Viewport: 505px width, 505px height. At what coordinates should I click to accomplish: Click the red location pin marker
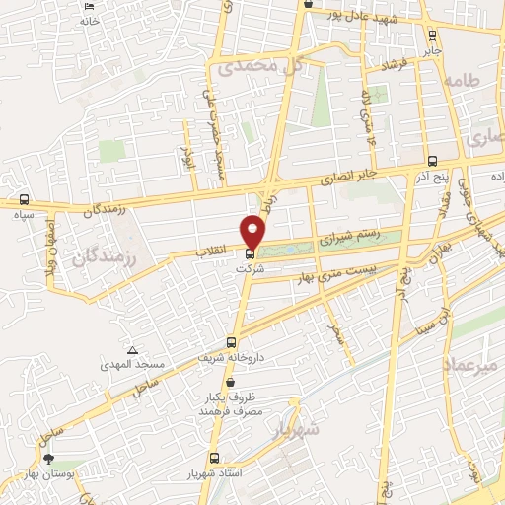(x=253, y=232)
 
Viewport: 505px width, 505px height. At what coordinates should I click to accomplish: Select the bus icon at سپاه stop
(x=23, y=199)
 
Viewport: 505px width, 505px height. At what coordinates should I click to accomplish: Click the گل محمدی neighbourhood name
(x=258, y=66)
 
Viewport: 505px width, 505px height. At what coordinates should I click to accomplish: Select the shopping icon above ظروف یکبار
(x=230, y=382)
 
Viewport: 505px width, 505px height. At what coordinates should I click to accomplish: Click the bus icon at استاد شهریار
(x=214, y=458)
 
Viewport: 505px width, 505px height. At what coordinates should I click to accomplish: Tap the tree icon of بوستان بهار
(x=48, y=459)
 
